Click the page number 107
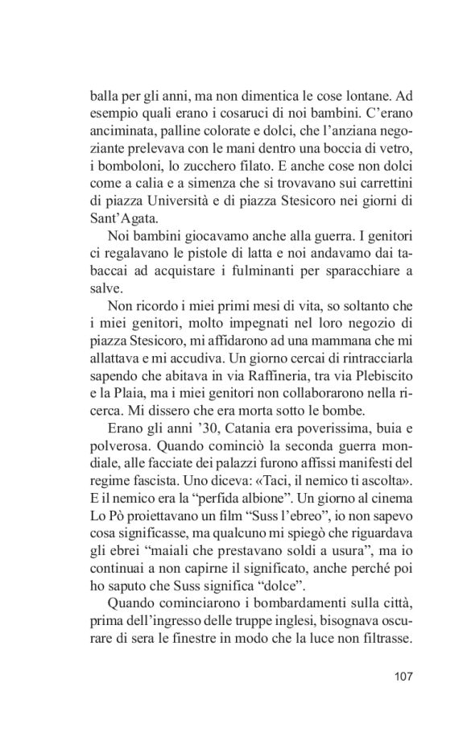coord(400,677)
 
